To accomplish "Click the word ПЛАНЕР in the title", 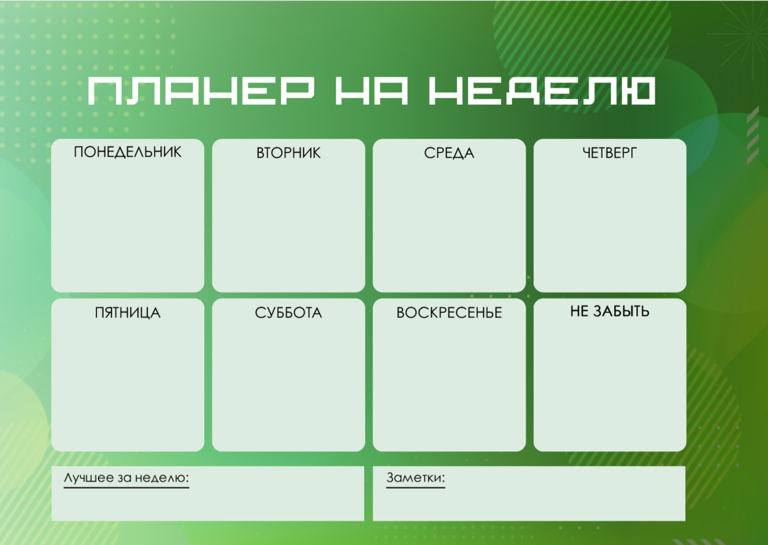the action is coord(201,91).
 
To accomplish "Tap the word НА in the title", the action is coord(372,91).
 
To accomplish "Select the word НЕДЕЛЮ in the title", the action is coord(542,91).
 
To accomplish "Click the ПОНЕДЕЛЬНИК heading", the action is coord(128,152).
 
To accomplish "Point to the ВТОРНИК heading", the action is coord(288,153).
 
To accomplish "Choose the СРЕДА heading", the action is coord(449,153).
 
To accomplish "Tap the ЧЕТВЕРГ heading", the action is coord(610,153).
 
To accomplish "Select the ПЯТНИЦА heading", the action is coord(128,313).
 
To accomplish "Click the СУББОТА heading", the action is coord(288,313).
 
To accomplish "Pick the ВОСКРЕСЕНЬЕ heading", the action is coord(449,313).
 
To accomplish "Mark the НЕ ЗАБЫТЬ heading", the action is coord(610,311).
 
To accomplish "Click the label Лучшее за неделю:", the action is coord(126,477).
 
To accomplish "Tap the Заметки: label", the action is coord(416,477).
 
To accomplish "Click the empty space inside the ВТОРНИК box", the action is coord(288,226).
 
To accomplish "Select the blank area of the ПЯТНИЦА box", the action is coord(128,386).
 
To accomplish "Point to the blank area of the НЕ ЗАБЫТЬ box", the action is coord(610,386).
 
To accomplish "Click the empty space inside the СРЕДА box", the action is coord(449,226).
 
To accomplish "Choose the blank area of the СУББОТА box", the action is coord(288,386).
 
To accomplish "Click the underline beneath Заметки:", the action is coord(416,487).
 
